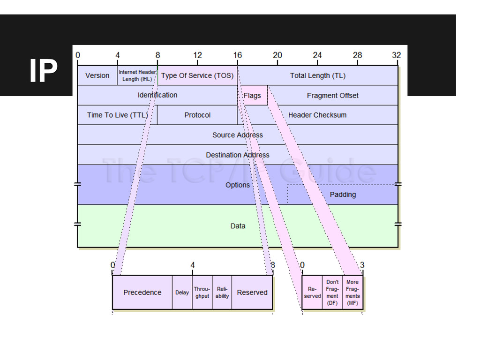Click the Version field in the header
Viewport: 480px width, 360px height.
pos(97,75)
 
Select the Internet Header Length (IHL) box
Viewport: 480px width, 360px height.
pos(137,75)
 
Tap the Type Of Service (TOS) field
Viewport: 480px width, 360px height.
pos(197,75)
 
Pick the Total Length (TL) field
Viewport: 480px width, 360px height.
pos(317,75)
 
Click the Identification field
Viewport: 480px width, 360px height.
pos(157,95)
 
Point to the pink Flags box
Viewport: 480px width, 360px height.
pos(252,96)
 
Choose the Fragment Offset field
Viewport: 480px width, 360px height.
pos(332,96)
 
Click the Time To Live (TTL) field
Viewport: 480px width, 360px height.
pos(117,115)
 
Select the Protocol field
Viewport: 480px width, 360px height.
pos(197,115)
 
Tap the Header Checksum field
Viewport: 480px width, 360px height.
pos(317,115)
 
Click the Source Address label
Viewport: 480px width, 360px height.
pos(238,135)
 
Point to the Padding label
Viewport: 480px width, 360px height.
pos(343,195)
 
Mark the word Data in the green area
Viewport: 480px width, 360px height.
pos(238,226)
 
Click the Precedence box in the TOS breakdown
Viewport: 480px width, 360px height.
pos(142,292)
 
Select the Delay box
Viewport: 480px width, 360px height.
pos(182,292)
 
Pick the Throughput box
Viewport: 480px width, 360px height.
pos(202,292)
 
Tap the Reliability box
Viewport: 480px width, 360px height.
pos(222,292)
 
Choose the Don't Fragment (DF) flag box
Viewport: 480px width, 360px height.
pos(332,293)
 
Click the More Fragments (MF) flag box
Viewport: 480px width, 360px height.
pos(352,293)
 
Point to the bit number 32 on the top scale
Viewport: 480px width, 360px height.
pos(397,55)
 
